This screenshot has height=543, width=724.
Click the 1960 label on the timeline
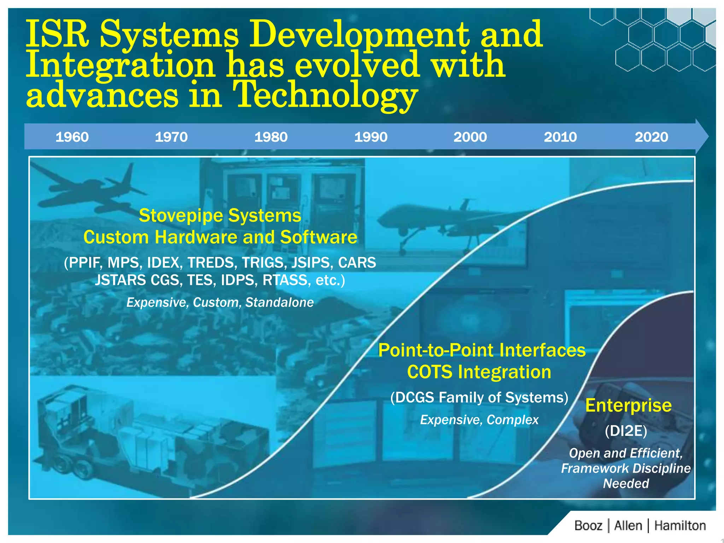click(x=72, y=137)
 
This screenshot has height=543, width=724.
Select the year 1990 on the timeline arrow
click(x=371, y=137)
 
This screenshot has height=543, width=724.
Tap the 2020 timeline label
click(x=651, y=137)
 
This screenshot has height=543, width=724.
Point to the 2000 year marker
click(x=470, y=137)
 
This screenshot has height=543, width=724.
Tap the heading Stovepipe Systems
click(x=220, y=215)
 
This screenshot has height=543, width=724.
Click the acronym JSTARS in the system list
click(x=121, y=280)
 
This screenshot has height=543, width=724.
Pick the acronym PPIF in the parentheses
click(x=86, y=263)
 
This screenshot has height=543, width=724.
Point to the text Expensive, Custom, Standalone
click(x=220, y=303)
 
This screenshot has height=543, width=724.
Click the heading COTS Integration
click(x=479, y=372)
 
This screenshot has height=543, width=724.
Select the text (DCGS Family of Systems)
click(x=479, y=398)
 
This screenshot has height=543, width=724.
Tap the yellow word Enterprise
click(x=628, y=405)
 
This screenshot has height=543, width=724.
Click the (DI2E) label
click(x=626, y=431)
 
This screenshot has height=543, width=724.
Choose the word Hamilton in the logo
click(x=680, y=526)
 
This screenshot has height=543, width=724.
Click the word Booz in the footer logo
click(x=588, y=526)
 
